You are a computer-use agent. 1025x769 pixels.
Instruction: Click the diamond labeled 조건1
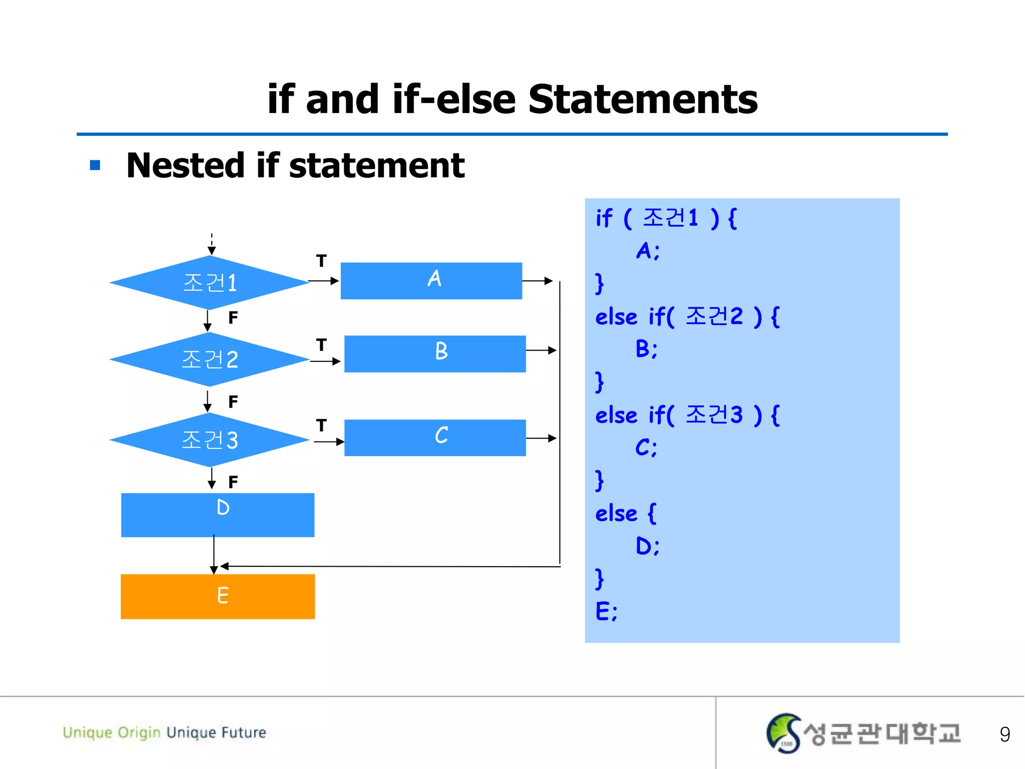[x=209, y=282]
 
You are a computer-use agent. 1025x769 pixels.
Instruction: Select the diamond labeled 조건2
[x=209, y=359]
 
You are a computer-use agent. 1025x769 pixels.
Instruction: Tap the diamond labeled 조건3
[x=209, y=440]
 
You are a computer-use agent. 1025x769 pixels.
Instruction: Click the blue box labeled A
[x=431, y=280]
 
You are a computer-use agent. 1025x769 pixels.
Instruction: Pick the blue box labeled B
[x=435, y=353]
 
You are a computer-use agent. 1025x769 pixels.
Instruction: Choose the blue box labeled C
[x=435, y=438]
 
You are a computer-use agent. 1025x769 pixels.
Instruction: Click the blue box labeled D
[x=218, y=515]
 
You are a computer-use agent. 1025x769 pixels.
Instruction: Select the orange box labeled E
[x=218, y=596]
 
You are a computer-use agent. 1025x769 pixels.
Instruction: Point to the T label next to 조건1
[x=321, y=261]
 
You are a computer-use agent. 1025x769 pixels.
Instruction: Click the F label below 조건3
[x=233, y=482]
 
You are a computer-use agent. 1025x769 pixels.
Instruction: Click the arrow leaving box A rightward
[x=538, y=281]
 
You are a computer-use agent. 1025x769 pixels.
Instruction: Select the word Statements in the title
[x=643, y=99]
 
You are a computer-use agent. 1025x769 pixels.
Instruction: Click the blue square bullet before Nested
[x=95, y=165]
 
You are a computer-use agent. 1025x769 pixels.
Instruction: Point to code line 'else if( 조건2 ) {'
[x=687, y=316]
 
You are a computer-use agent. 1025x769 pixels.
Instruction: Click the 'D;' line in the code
[x=647, y=546]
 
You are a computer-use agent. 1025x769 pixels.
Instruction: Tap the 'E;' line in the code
[x=606, y=611]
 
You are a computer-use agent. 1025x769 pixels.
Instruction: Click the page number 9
[x=1004, y=734]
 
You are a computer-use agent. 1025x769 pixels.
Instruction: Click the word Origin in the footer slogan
[x=139, y=732]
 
